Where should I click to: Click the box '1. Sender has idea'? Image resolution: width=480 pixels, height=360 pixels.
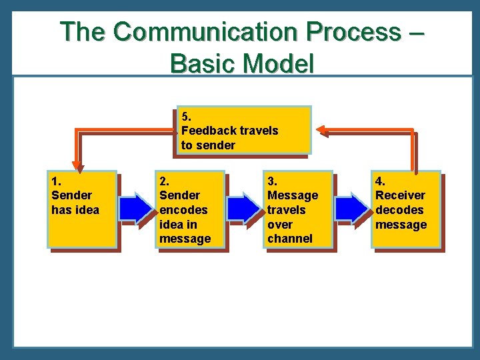[82, 209]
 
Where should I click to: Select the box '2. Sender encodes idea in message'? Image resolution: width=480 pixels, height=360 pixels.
[190, 209]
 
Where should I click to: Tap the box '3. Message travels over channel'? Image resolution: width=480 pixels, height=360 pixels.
[298, 209]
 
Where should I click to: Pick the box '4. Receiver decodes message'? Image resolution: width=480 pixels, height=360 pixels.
[406, 209]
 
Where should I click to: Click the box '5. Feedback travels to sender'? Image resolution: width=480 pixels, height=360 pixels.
[244, 130]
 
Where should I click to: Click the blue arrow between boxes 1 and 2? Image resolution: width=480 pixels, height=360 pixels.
[137, 209]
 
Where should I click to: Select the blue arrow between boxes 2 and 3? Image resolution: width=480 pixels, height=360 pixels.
[245, 209]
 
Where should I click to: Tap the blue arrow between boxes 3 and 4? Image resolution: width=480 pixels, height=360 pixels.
[353, 209]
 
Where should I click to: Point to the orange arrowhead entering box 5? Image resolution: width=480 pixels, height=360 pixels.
[321, 130]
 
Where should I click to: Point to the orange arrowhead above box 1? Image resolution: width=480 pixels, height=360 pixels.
[77, 163]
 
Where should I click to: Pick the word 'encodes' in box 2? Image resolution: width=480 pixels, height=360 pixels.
[183, 209]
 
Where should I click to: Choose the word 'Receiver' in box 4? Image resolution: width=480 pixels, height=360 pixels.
[400, 195]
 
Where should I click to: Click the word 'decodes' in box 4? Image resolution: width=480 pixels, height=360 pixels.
[399, 209]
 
